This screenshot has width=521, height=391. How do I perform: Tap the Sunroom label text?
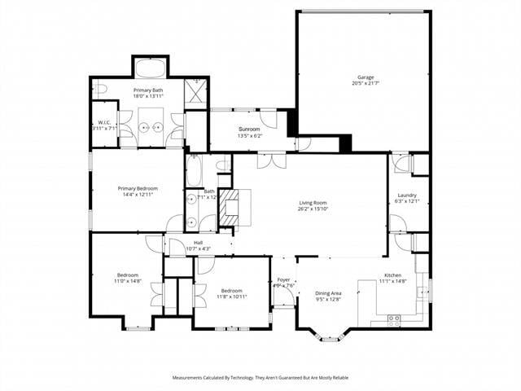point(249,130)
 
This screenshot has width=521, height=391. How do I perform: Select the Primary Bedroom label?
point(137,188)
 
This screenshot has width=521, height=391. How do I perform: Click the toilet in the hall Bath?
point(223,165)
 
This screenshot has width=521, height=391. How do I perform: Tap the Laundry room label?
point(407,195)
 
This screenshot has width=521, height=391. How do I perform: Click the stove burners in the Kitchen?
point(395,319)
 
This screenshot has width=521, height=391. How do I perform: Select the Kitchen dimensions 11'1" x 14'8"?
point(394,282)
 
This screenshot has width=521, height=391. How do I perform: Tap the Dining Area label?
point(328,292)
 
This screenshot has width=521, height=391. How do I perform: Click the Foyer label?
point(283,279)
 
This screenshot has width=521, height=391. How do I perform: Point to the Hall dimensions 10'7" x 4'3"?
point(198,248)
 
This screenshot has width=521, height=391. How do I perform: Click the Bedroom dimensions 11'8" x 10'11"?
point(231,297)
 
